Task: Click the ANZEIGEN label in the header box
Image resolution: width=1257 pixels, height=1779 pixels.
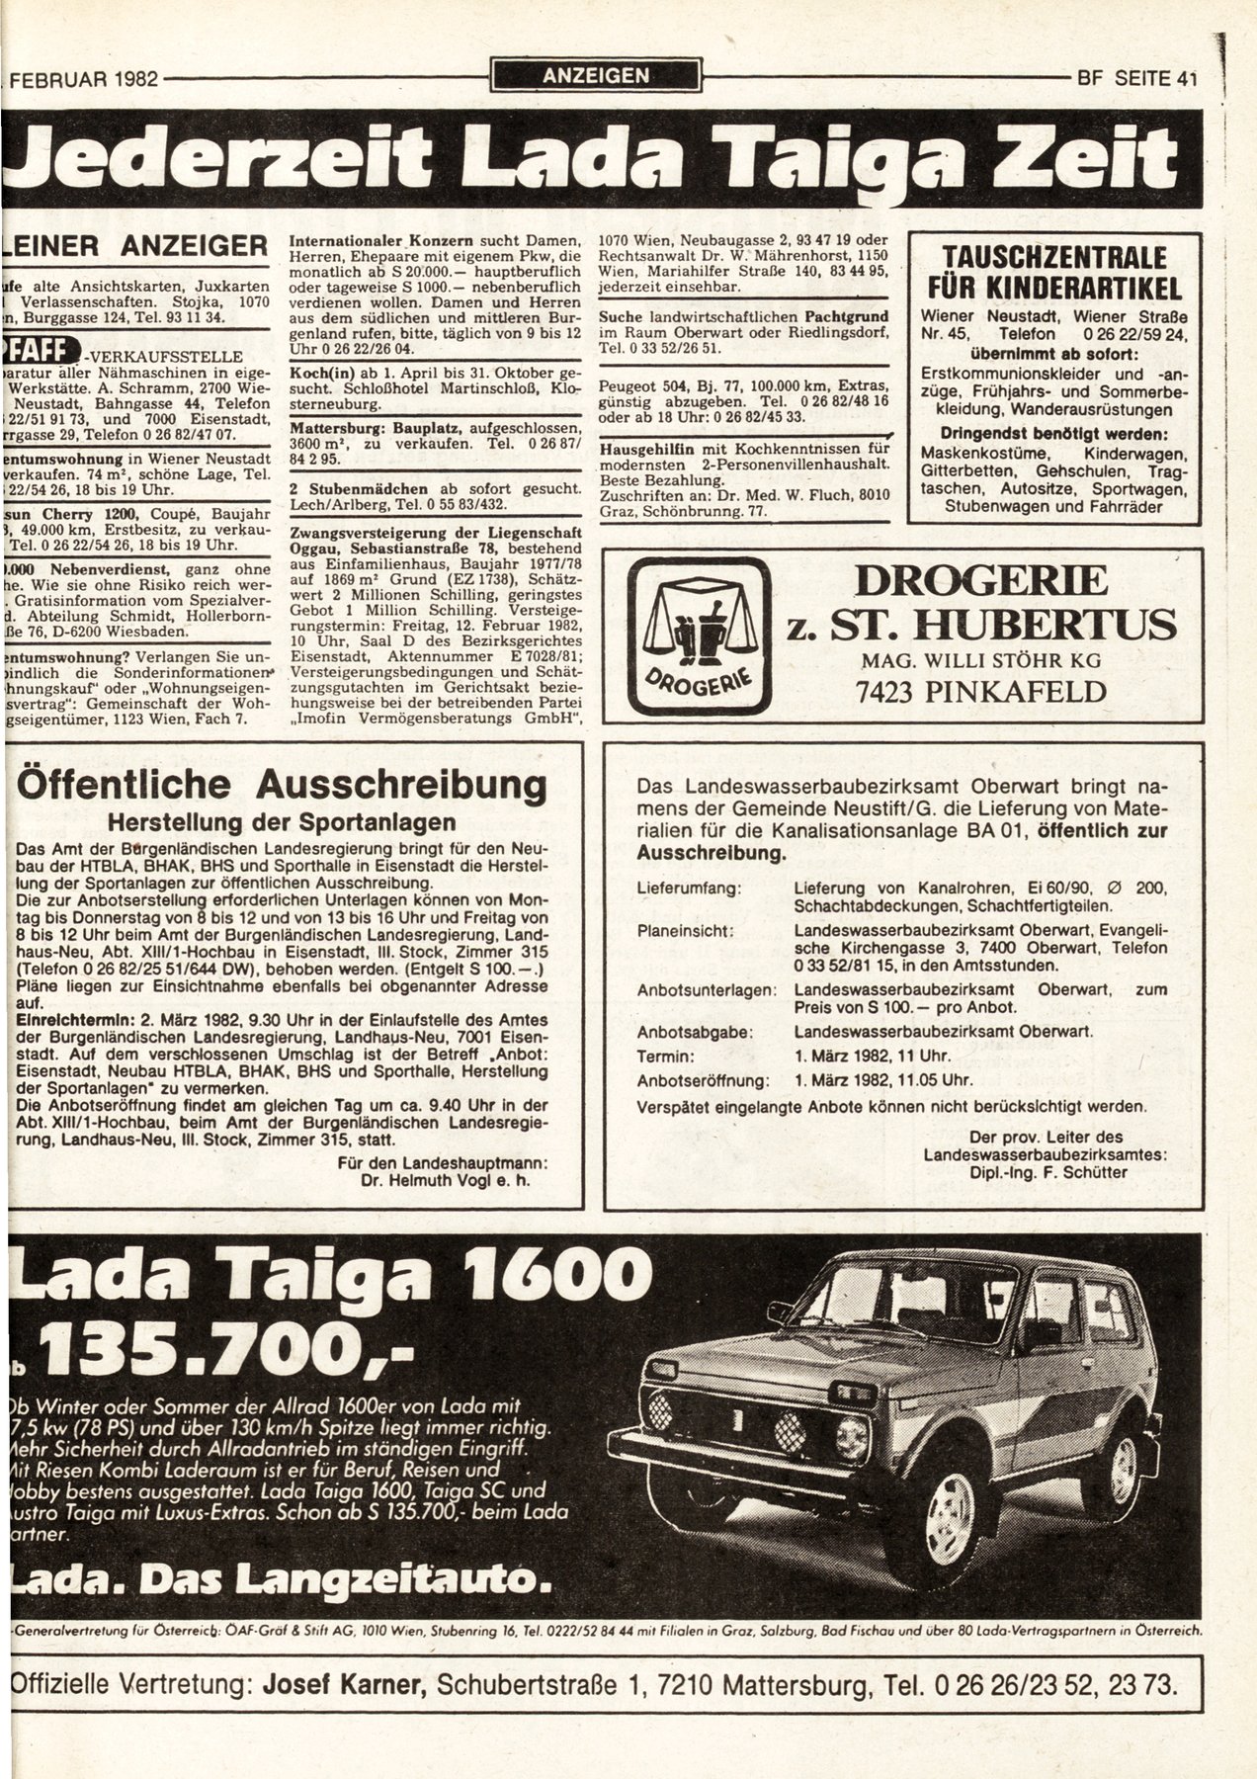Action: pyautogui.click(x=595, y=76)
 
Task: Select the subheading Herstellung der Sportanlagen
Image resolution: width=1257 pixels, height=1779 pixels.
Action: pyautogui.click(x=282, y=821)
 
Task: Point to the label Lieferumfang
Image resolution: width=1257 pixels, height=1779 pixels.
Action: pyautogui.click(x=689, y=888)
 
